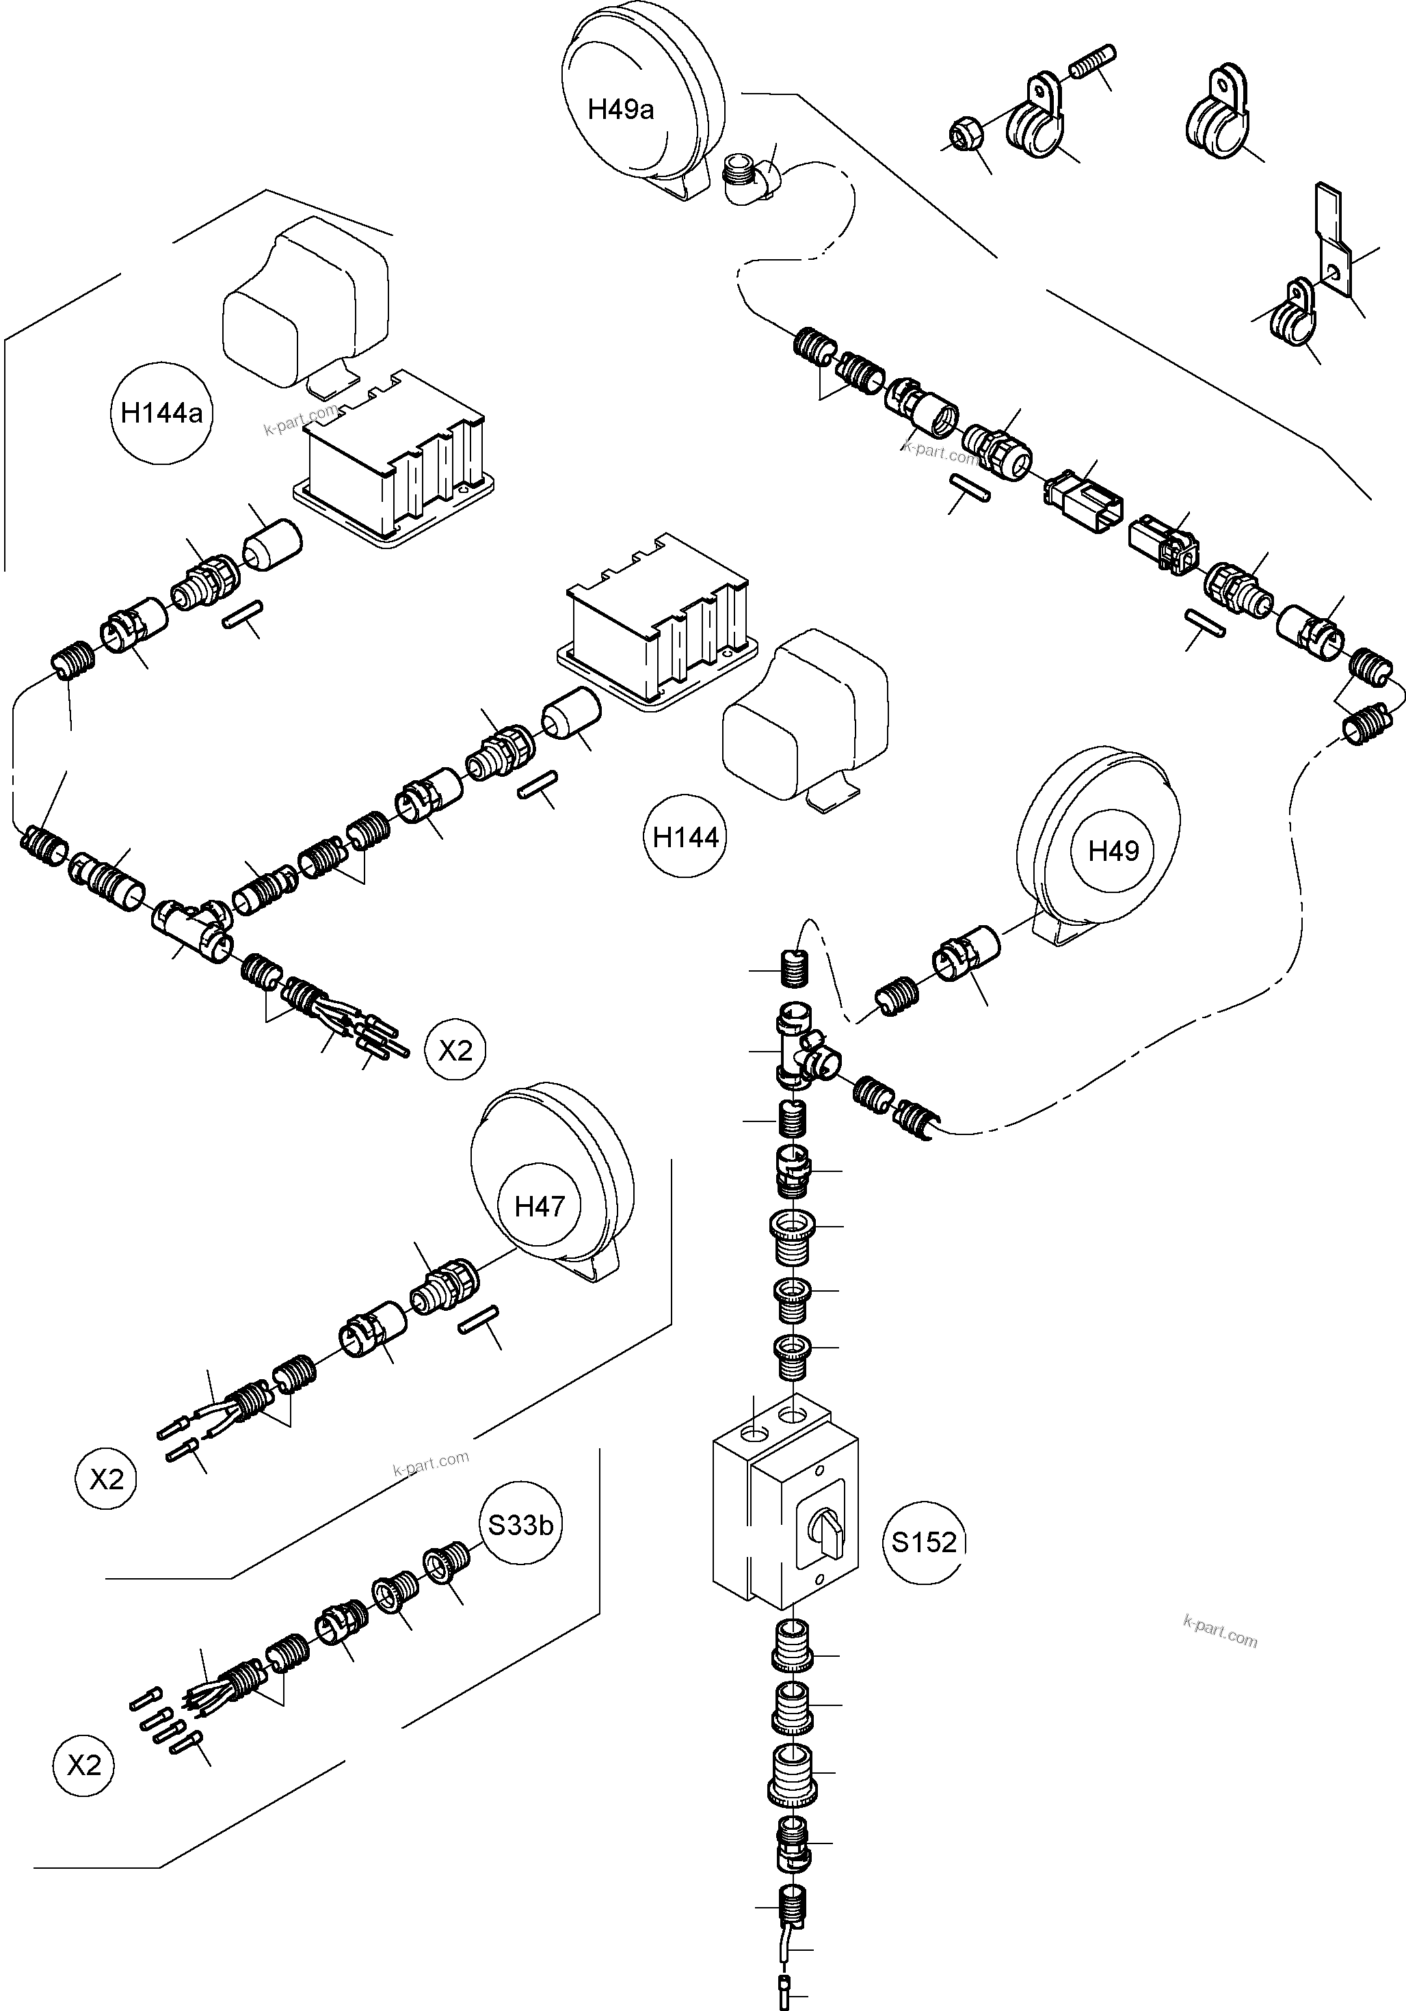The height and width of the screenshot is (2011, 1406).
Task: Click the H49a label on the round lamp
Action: click(x=620, y=109)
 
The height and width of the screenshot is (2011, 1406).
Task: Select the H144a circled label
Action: click(x=162, y=412)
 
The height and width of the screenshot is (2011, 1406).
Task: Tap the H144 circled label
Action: click(x=686, y=838)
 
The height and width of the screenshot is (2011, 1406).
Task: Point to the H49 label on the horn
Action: click(x=1113, y=851)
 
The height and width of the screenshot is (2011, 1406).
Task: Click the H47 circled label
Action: click(x=539, y=1207)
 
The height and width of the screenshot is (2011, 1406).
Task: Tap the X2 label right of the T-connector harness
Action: click(x=455, y=1050)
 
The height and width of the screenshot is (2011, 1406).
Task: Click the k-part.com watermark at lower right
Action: click(x=1219, y=1634)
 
